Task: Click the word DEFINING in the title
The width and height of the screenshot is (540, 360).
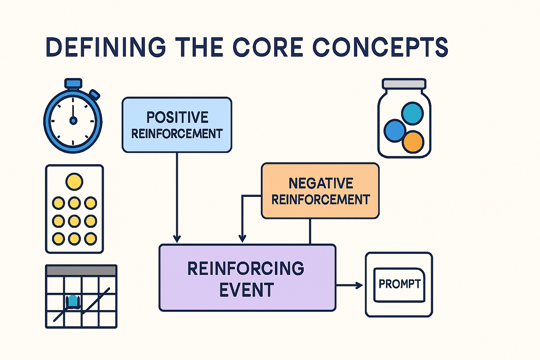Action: click(105, 47)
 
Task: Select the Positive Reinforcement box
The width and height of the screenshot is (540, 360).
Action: click(177, 125)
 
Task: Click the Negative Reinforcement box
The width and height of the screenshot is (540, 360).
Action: click(320, 191)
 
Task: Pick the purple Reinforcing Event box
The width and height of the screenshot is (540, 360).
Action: click(247, 278)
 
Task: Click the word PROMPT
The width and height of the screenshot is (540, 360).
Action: click(399, 284)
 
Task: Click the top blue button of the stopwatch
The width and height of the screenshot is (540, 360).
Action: click(73, 83)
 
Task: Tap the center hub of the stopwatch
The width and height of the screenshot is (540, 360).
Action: click(73, 121)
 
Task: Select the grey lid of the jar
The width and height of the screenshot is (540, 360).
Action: click(404, 84)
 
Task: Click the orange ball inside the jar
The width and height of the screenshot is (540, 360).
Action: click(413, 142)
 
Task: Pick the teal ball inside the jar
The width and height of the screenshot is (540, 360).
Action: click(412, 113)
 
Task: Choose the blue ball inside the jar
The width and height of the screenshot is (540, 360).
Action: click(394, 130)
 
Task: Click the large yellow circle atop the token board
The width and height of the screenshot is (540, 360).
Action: click(74, 182)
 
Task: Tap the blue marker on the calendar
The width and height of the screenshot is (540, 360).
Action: click(73, 302)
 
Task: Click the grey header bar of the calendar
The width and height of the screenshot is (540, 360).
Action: click(81, 270)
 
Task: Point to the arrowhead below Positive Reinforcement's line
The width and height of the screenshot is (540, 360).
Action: click(177, 239)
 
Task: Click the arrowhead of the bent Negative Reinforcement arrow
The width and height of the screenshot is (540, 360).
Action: click(242, 239)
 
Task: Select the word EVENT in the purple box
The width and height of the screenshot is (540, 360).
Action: click(246, 290)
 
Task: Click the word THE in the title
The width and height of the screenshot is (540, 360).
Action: click(199, 47)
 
